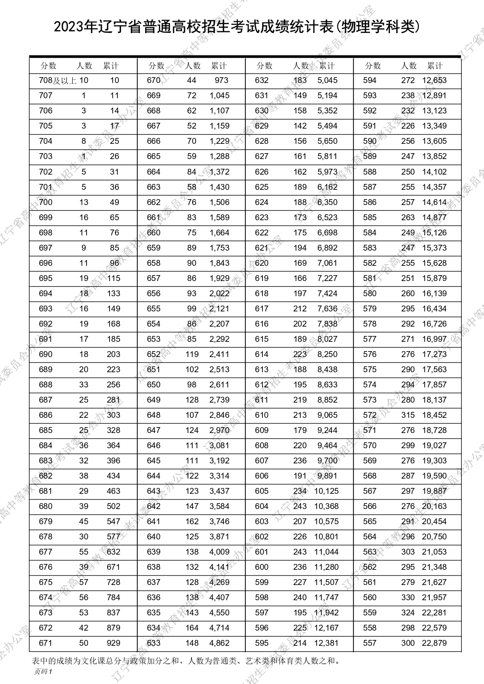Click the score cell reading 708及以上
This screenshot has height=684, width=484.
tap(58, 81)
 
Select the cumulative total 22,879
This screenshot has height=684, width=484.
tap(434, 643)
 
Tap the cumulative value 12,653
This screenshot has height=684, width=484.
tap(434, 81)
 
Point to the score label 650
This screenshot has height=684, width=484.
tap(154, 385)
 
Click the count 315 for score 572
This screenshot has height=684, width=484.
tap(408, 415)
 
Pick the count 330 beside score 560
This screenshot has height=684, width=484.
tap(408, 597)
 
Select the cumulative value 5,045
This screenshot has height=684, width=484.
tap(327, 81)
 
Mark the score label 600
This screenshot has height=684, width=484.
tap(262, 567)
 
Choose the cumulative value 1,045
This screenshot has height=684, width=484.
tap(220, 96)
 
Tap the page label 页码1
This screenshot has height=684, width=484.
tap(43, 671)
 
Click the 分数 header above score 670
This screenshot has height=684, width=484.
tap(156, 66)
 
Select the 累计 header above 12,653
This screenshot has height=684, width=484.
tap(435, 66)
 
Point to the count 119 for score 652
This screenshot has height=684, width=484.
tap(192, 354)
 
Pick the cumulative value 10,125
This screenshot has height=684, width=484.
tap(326, 491)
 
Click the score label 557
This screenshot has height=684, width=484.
tap(370, 643)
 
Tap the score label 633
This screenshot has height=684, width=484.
tap(154, 643)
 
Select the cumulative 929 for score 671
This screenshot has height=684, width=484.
tap(113, 643)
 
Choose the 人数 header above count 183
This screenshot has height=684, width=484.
tap(301, 66)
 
